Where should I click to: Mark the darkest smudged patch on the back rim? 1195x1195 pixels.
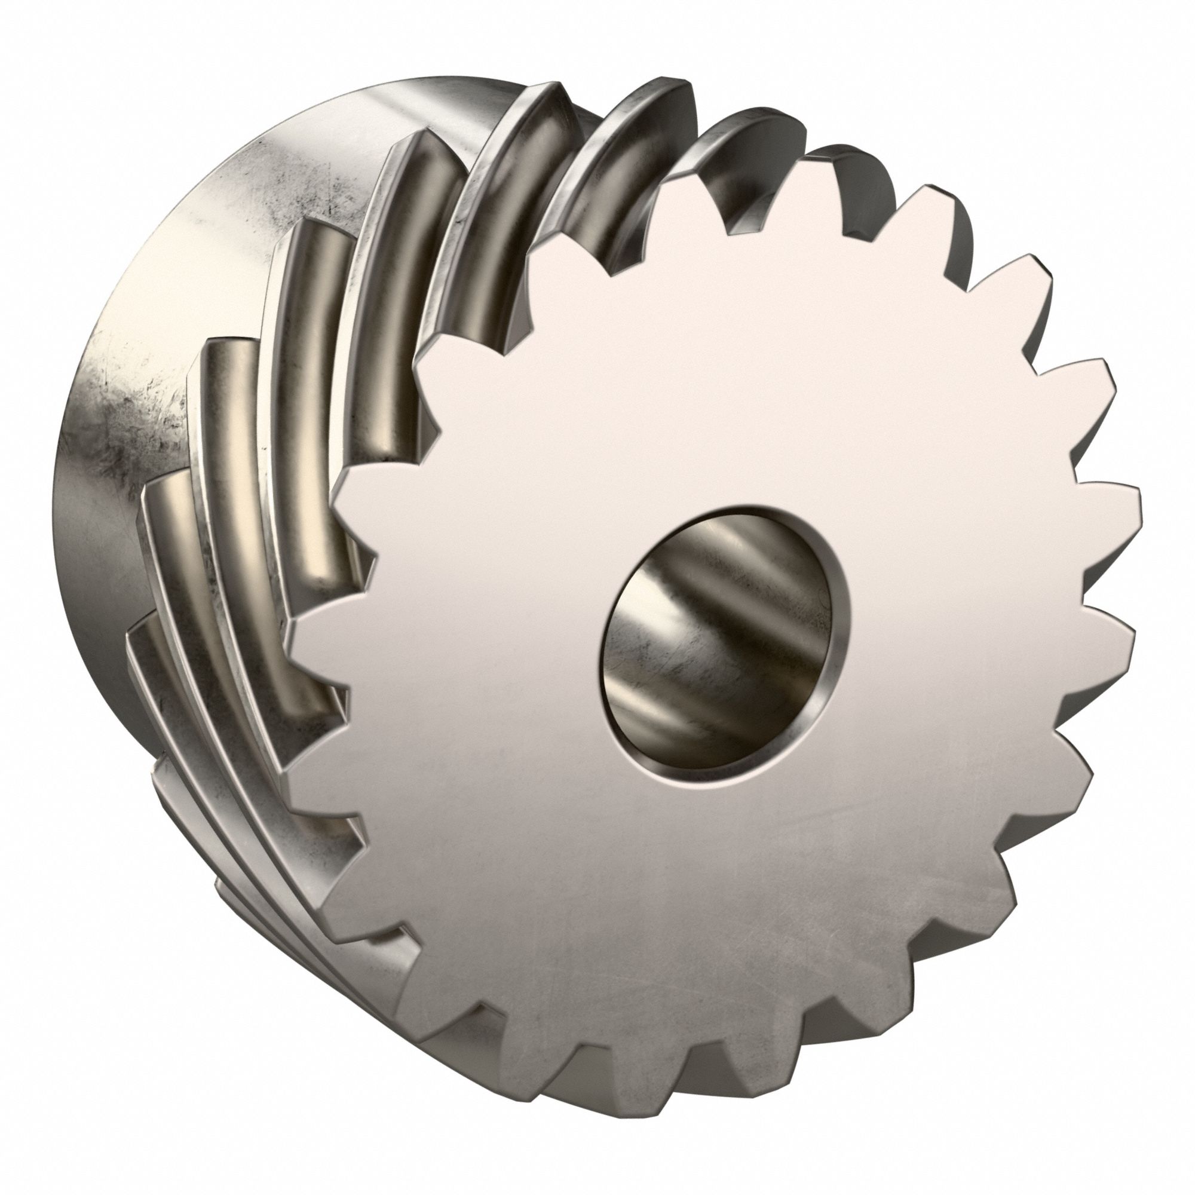(x=142, y=427)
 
